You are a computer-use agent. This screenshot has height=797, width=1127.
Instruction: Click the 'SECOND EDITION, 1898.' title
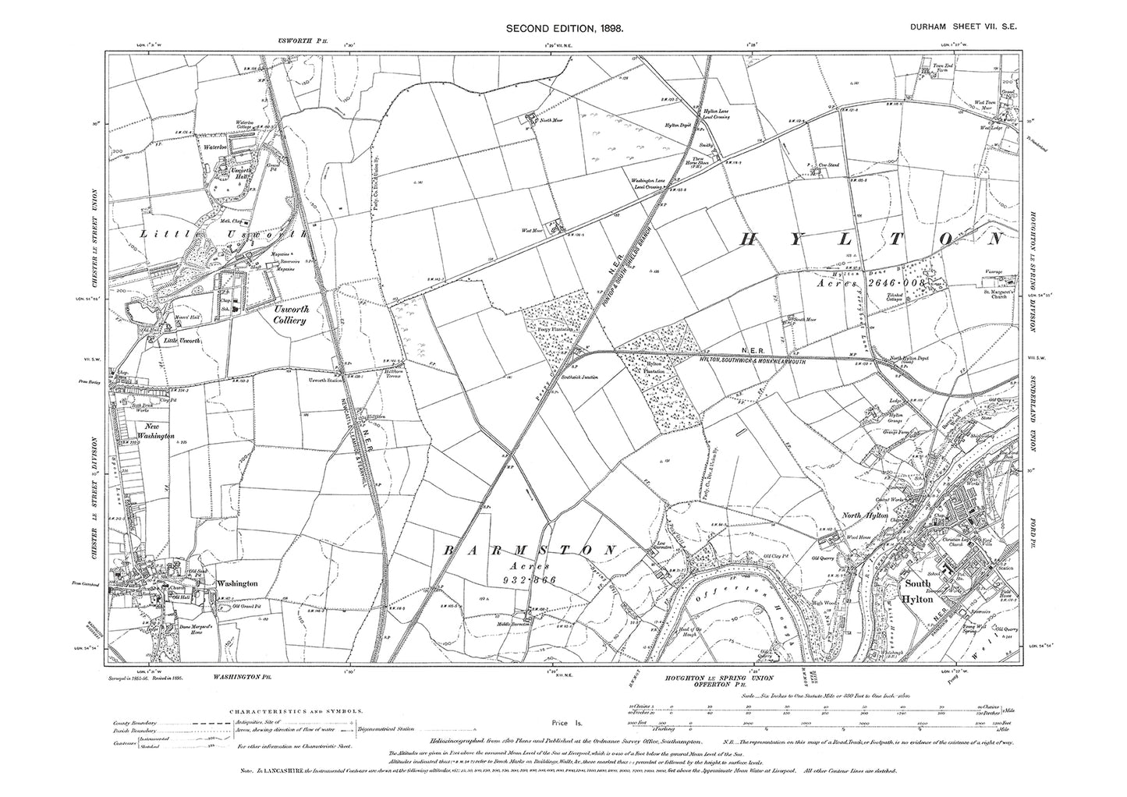[x=564, y=28]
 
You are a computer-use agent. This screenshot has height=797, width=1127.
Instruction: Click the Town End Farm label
[x=943, y=69]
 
